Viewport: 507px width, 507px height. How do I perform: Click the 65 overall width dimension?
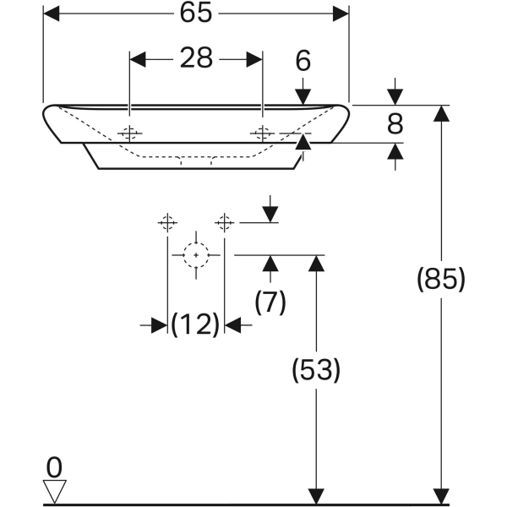(194, 14)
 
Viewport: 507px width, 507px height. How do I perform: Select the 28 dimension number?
(194, 58)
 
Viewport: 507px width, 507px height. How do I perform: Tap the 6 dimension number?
(303, 61)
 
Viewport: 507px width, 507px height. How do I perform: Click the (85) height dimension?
(440, 278)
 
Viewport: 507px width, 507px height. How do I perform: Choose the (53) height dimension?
(315, 368)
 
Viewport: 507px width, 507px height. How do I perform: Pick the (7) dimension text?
(270, 301)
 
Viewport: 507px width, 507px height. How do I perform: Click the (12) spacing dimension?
(195, 324)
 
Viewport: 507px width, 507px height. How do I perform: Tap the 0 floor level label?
(53, 465)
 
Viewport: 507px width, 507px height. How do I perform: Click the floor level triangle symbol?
(54, 491)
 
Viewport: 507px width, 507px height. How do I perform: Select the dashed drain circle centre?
(196, 254)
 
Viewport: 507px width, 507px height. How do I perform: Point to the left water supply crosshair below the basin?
(167, 222)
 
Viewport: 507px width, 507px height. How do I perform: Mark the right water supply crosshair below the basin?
(224, 222)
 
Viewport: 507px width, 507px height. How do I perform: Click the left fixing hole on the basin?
(129, 134)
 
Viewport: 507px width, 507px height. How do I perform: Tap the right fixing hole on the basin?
(262, 134)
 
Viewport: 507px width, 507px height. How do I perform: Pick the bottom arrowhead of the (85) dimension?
(439, 496)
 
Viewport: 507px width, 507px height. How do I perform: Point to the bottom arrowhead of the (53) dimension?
(315, 496)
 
